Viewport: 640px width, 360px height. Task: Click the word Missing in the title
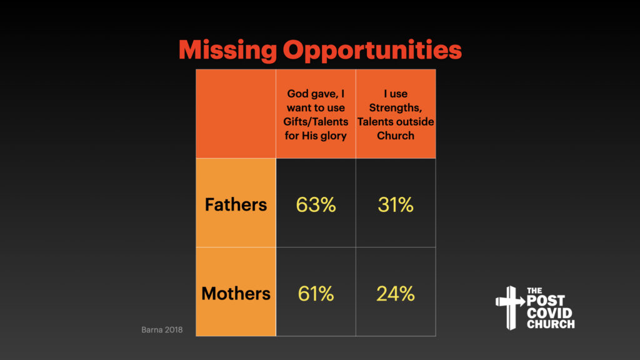click(x=227, y=51)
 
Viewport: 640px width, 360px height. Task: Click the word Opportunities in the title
click(x=372, y=51)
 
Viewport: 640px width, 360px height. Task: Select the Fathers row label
click(x=236, y=204)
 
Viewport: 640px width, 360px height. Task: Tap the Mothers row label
click(x=236, y=294)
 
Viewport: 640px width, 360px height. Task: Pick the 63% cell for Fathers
click(x=316, y=204)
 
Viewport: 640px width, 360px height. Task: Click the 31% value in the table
click(x=396, y=204)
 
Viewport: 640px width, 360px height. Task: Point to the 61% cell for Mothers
click(x=316, y=294)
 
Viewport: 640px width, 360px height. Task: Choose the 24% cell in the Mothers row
click(x=396, y=294)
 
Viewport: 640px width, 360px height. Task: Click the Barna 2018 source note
click(x=162, y=330)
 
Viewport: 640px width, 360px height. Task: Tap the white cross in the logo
click(x=510, y=307)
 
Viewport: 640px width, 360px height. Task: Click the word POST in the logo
click(x=546, y=301)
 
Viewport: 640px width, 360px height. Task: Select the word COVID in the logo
click(x=549, y=313)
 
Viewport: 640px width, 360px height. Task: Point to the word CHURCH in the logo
click(x=551, y=324)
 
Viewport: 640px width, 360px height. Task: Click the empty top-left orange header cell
click(x=236, y=114)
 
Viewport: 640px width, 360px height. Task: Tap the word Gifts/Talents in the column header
click(x=316, y=122)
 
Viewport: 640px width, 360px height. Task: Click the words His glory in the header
click(x=324, y=136)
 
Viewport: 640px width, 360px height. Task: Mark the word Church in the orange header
click(x=396, y=136)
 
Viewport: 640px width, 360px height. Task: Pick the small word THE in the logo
click(x=534, y=291)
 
